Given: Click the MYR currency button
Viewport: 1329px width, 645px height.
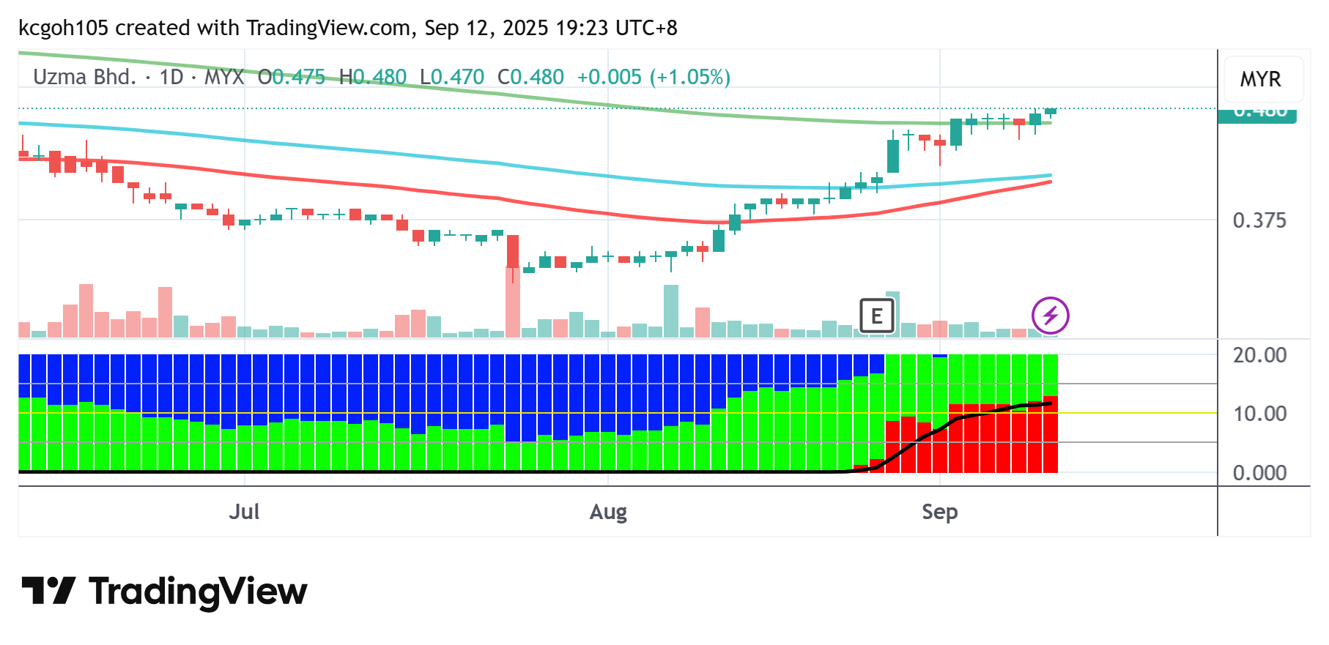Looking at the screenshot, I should (1260, 79).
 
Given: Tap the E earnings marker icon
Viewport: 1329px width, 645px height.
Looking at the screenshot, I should (876, 316).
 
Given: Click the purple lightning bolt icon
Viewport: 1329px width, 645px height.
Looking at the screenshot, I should (1050, 316).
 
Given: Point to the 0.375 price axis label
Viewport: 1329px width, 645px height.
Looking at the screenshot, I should (1259, 220).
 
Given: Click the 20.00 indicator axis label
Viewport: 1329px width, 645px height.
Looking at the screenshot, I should (1259, 355).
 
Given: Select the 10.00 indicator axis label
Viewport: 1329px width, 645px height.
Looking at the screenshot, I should (1259, 414).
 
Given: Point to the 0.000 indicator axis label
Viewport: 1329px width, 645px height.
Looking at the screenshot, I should (1259, 473).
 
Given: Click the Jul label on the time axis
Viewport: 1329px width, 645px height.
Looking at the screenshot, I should (244, 512).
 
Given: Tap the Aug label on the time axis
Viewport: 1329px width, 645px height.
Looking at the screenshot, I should (608, 512).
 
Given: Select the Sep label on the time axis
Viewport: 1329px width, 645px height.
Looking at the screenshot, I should (939, 512).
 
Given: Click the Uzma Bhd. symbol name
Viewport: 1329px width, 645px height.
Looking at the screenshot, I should (84, 77).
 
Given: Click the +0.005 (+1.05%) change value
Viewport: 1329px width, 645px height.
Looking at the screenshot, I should (654, 77).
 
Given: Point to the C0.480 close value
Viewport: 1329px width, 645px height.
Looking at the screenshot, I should (530, 77).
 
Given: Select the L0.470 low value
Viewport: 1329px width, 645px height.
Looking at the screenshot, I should (451, 77).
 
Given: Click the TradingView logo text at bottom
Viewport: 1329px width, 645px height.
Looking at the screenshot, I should (198, 592).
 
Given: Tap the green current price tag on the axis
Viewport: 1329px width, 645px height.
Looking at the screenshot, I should (1256, 115).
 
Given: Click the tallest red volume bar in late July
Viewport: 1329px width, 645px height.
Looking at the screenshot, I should (513, 302).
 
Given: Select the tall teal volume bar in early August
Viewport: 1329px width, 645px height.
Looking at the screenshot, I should (670, 311).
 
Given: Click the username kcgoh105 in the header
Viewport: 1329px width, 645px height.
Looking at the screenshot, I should (63, 28).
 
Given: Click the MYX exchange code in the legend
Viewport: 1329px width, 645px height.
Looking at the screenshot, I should (223, 77).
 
